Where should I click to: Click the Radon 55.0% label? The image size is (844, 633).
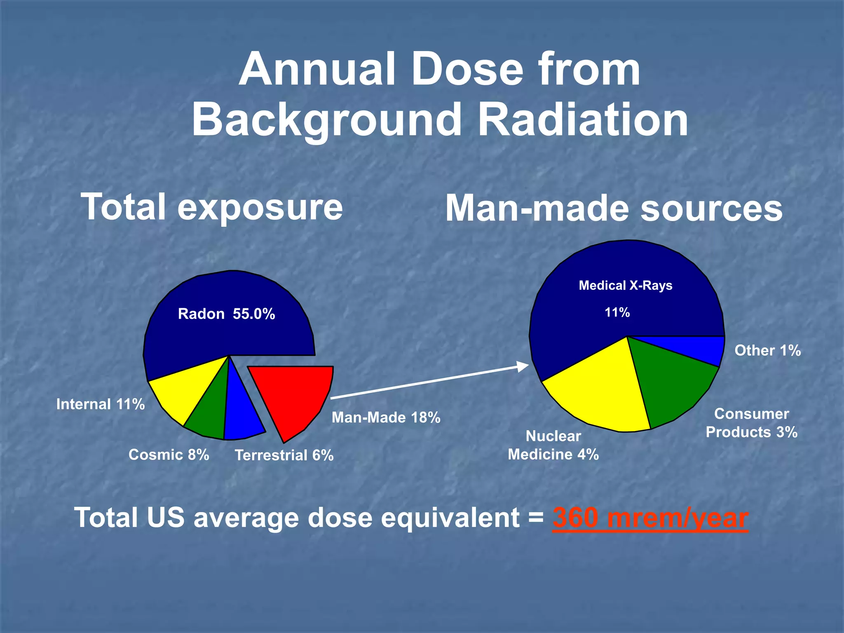pos(226,314)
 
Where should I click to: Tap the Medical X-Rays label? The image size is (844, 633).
pos(625,285)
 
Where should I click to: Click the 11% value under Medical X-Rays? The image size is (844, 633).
pos(617,312)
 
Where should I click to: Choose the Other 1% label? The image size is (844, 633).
pos(767,350)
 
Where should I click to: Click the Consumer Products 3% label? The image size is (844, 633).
pos(751,423)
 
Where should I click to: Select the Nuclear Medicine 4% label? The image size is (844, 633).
pos(553,445)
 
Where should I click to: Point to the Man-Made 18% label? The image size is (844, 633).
pos(386,417)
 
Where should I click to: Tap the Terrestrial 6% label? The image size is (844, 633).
pos(284,455)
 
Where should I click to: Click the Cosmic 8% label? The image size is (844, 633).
pos(169,455)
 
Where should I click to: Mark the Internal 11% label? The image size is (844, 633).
pos(101,404)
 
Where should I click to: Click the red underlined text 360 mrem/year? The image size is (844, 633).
pos(650,518)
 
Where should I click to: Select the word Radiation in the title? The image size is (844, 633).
pos(583,120)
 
